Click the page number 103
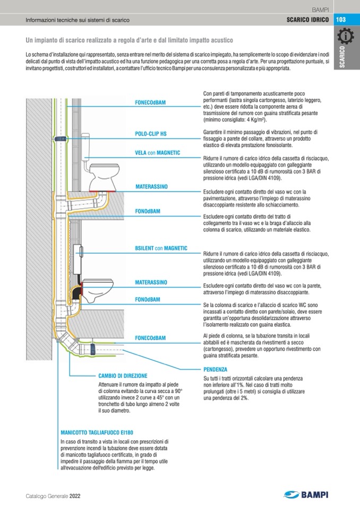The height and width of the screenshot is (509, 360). [x=341, y=20]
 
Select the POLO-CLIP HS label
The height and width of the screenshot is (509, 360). [x=151, y=134]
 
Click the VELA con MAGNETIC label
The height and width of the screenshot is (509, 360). [x=158, y=153]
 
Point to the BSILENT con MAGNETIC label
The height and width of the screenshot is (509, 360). [x=158, y=248]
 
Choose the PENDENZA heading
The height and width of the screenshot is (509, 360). [x=215, y=369]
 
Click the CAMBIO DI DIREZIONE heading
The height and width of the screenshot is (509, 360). [x=124, y=375]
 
